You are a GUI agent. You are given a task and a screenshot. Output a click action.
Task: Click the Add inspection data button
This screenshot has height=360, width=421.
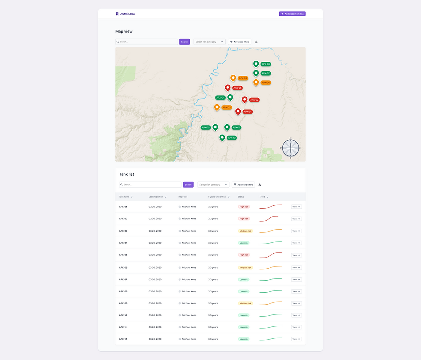pyautogui.click(x=292, y=14)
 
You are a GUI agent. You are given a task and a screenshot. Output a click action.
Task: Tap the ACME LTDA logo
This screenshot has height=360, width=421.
pyautogui.click(x=125, y=14)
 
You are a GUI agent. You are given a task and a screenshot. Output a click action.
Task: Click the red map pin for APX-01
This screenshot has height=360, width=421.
pyautogui.click(x=238, y=111)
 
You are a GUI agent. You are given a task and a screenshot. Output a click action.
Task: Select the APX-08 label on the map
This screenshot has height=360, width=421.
pyautogui.click(x=266, y=64)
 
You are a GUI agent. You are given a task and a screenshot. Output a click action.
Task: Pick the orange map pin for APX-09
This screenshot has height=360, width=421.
pyautogui.click(x=233, y=78)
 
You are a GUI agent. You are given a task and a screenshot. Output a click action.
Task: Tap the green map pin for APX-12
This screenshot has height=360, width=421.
pyautogui.click(x=222, y=138)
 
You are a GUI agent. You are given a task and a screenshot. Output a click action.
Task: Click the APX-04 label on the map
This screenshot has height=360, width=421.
pyautogui.click(x=220, y=98)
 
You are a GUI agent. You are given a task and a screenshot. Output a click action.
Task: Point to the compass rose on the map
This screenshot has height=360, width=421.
pyautogui.click(x=290, y=148)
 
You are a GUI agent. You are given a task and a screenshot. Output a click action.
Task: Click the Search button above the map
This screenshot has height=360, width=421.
pyautogui.click(x=184, y=42)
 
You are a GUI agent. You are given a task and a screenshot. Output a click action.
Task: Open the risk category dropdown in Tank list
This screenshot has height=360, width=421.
pyautogui.click(x=213, y=185)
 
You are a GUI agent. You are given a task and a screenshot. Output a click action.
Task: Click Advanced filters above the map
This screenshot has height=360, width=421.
pyautogui.click(x=239, y=42)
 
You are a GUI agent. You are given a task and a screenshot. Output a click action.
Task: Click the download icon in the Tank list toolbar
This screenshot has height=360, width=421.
pyautogui.click(x=260, y=185)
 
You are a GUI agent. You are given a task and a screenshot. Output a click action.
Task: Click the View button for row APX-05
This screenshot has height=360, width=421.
pyautogui.click(x=296, y=255)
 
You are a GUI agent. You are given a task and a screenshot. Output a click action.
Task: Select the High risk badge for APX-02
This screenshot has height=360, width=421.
pyautogui.click(x=244, y=219)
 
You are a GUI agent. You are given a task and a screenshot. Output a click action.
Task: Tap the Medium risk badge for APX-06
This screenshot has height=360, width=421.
pyautogui.click(x=245, y=267)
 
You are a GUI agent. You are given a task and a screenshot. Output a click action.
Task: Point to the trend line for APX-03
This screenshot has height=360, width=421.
pyautogui.click(x=270, y=231)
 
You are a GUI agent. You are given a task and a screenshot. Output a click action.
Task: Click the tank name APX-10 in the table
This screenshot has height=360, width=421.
pyautogui.click(x=123, y=315)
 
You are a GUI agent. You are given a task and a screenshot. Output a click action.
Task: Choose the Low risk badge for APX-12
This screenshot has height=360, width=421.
pyautogui.click(x=244, y=339)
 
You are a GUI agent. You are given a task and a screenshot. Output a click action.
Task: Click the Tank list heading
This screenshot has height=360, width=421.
pyautogui.click(x=126, y=174)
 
